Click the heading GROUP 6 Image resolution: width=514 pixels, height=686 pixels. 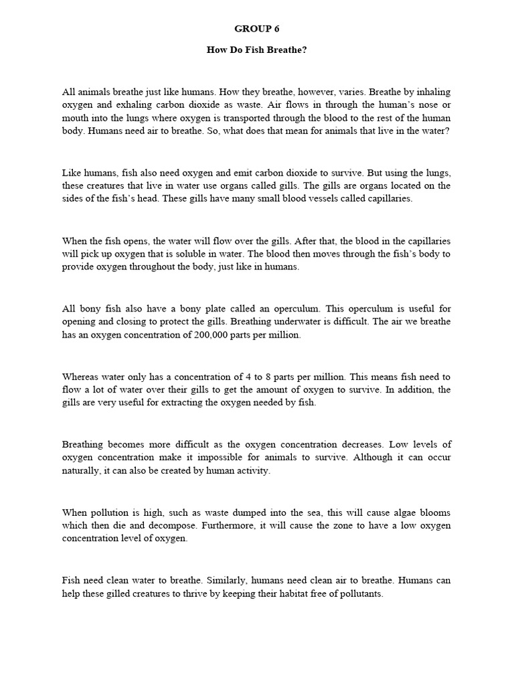pos(257,29)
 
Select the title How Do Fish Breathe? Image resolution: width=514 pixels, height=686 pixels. pos(256,50)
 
